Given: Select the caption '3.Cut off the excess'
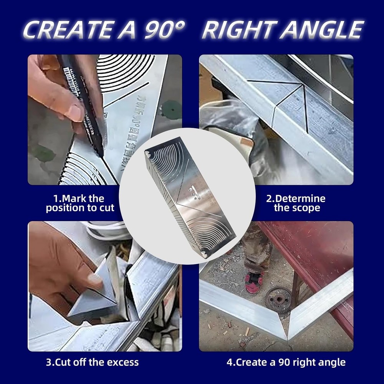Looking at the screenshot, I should [92, 362].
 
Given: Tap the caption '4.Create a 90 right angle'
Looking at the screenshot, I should [286, 362].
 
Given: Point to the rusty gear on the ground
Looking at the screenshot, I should [278, 298].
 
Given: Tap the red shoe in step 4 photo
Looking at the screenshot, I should [254, 283].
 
